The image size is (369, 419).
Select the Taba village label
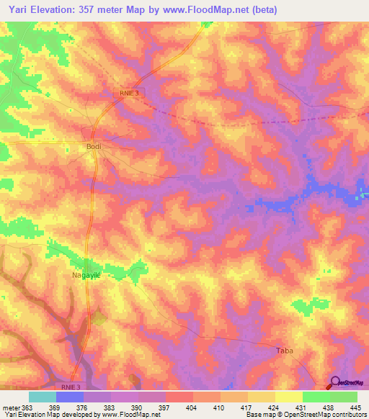pyautogui.click(x=285, y=351)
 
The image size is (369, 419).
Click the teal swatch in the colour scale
pyautogui.click(x=43, y=397)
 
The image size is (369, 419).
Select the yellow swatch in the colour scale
pyautogui.click(x=289, y=397)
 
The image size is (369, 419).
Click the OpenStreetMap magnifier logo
pyautogui.click(x=336, y=383)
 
